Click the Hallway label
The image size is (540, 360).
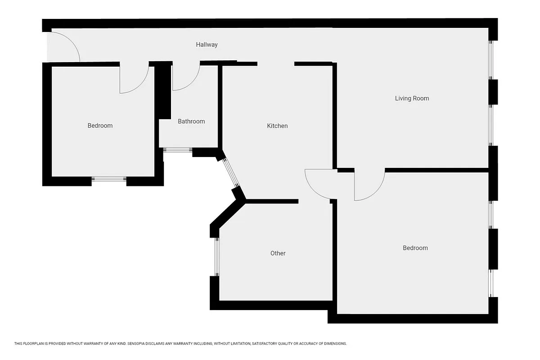click(x=207, y=45)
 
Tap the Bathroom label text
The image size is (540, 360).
click(x=191, y=121)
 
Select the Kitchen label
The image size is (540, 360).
click(x=277, y=126)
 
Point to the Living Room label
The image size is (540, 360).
click(x=412, y=98)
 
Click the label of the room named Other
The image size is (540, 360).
click(x=278, y=253)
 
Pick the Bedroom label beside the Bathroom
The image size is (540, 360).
click(x=100, y=126)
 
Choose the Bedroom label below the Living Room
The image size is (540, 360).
click(x=415, y=248)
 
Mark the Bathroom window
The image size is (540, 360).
click(x=177, y=150)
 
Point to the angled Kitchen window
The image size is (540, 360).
click(x=230, y=173)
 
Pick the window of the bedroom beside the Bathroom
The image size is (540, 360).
click(x=109, y=179)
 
